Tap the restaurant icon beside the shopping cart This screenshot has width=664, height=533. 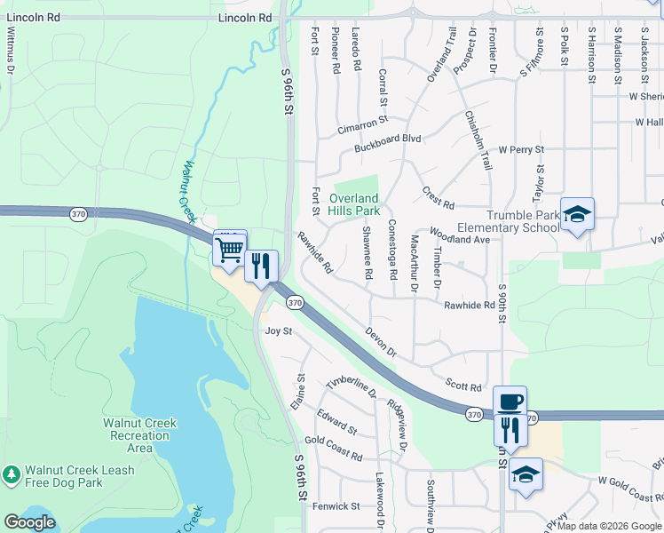tap(261, 266)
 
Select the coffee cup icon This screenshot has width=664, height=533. tap(510, 402)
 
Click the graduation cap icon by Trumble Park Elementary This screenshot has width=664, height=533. tap(577, 214)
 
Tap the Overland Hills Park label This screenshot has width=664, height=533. tap(354, 204)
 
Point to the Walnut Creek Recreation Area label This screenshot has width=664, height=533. tap(139, 435)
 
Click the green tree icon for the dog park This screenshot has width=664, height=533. tap(12, 475)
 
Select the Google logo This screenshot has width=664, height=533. tap(29, 522)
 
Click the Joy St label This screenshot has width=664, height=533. tap(279, 330)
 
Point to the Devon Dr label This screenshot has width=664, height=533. tap(381, 343)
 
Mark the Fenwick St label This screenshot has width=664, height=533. tap(336, 506)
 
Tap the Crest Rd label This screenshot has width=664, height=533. tap(438, 193)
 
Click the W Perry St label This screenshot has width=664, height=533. tap(520, 150)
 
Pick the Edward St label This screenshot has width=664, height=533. tap(336, 423)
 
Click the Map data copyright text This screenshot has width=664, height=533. tap(610, 526)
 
